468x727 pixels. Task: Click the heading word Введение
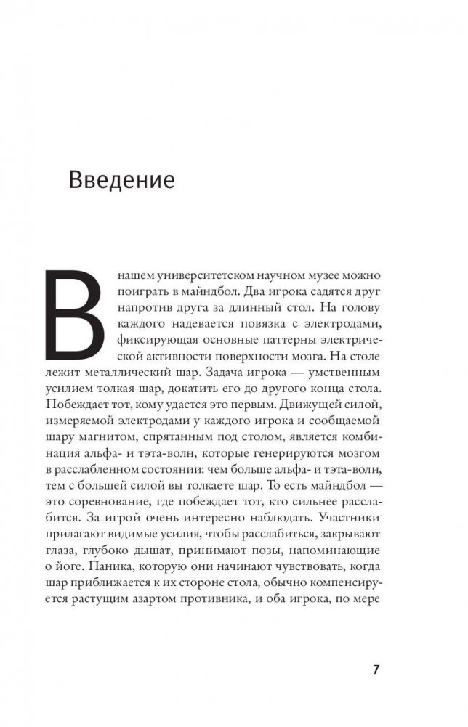121,179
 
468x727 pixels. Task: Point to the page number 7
376,669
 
